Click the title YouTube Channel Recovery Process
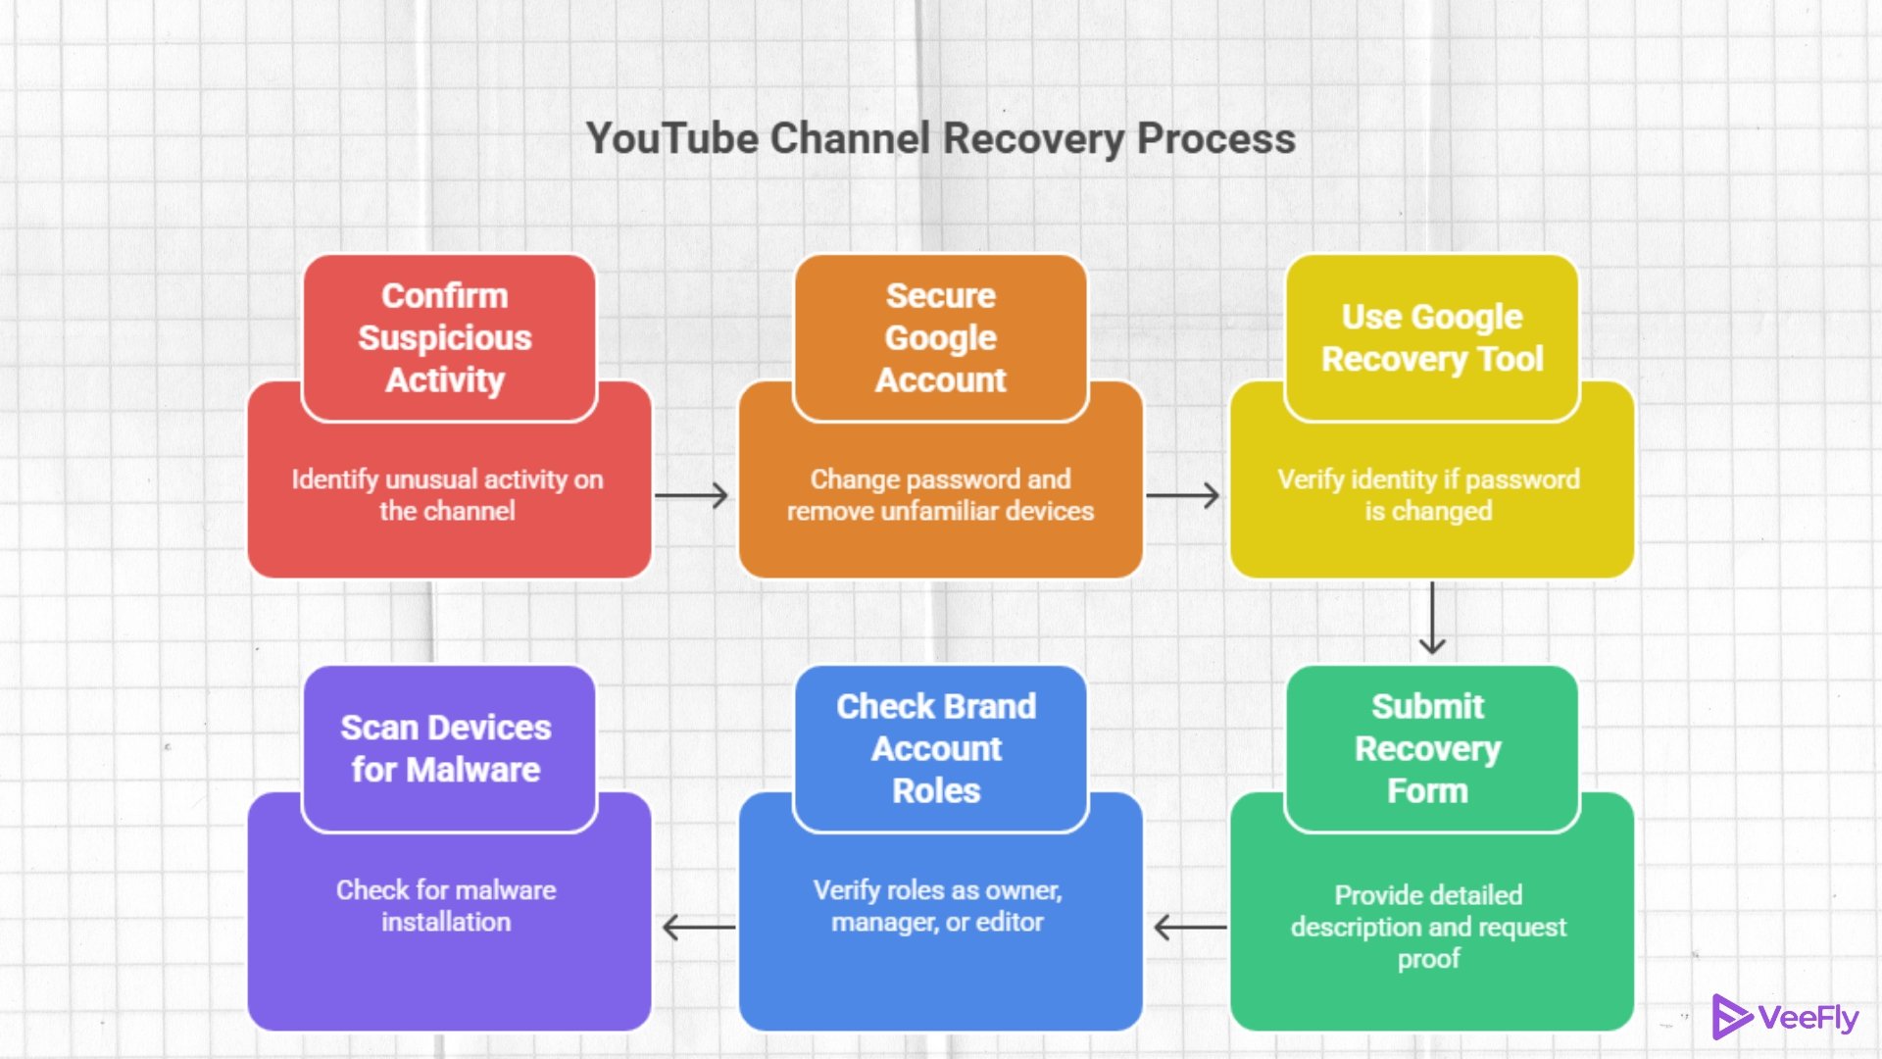pos(940,138)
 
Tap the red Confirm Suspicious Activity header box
pos(448,337)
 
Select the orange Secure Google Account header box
pos(940,337)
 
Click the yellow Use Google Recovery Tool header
pos(1431,337)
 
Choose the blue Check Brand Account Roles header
pos(938,748)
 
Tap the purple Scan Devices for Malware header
pos(448,748)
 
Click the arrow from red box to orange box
pos(691,495)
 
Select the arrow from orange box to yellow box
pos(1182,495)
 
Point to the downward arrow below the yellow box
pos(1432,618)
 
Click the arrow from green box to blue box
pos(1190,927)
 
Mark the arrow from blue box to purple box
pos(698,927)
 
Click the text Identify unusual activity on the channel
pos(448,494)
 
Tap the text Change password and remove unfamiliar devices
pos(940,494)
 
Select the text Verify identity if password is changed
pos(1428,494)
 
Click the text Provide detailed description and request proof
pos(1428,926)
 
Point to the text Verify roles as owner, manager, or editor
pos(938,905)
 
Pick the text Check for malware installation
pos(446,905)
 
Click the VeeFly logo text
pos(1808,1018)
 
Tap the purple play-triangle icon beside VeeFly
pos(1730,1017)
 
